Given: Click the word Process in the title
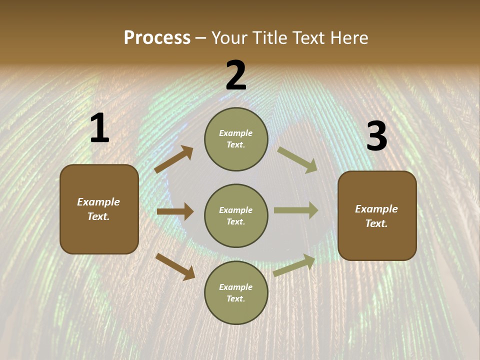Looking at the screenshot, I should click(x=157, y=38).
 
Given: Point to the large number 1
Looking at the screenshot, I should click(x=99, y=128).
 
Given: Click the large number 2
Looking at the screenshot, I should click(x=236, y=75).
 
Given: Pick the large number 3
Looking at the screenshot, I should click(x=376, y=136).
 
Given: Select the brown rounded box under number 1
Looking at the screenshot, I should click(x=99, y=209).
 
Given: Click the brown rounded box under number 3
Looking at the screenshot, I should click(x=377, y=215).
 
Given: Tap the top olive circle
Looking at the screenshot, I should click(x=236, y=139).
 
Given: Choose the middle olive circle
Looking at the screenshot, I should click(x=236, y=215).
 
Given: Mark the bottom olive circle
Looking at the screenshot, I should click(x=236, y=292).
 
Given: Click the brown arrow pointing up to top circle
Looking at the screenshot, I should click(x=174, y=159).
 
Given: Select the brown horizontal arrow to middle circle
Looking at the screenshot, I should click(x=175, y=211).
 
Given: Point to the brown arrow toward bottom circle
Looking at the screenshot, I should click(x=175, y=266).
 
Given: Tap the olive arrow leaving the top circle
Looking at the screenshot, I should click(x=297, y=160).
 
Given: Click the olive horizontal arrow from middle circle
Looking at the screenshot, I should click(x=296, y=210).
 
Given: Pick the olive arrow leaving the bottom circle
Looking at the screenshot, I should click(x=294, y=265).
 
